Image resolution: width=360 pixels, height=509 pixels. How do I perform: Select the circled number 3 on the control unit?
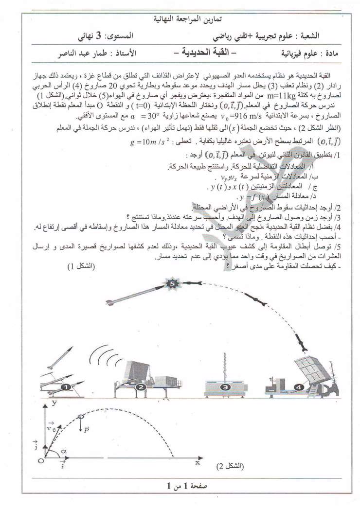pyautogui.click(x=225, y=387)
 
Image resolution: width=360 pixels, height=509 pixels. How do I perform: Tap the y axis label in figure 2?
pyautogui.click(x=55, y=403)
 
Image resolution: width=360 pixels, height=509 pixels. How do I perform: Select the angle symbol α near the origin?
pyautogui.click(x=63, y=451)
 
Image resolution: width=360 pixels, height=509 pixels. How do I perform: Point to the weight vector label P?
pyautogui.click(x=86, y=429)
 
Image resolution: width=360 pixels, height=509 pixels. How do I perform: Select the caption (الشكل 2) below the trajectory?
pyautogui.click(x=230, y=466)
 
